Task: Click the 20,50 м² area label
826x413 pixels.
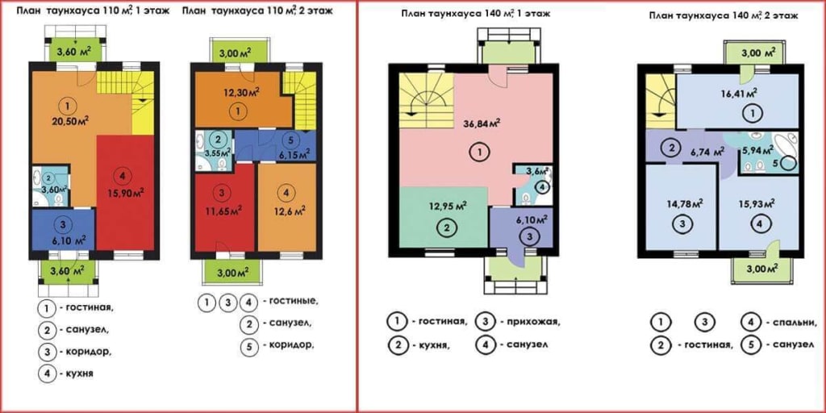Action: [69, 121]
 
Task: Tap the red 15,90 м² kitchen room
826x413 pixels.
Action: [125, 192]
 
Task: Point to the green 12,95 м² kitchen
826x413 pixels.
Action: [444, 216]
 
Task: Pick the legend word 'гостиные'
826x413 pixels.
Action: [294, 302]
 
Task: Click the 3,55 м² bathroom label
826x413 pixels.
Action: [219, 153]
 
